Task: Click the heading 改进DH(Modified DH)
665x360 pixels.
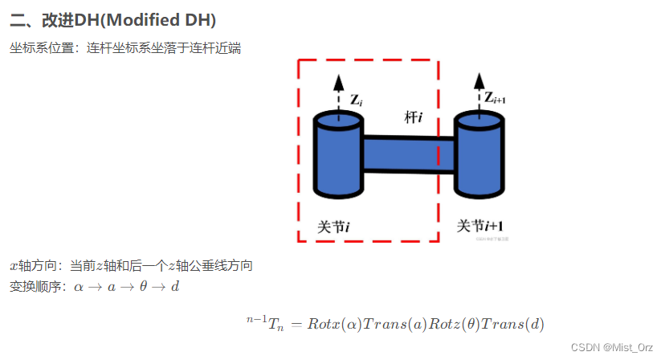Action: click(112, 19)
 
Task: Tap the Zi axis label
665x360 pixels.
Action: click(356, 100)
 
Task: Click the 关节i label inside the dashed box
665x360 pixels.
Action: click(333, 227)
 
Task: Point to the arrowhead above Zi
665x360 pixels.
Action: click(339, 80)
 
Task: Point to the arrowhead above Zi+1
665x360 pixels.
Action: click(479, 79)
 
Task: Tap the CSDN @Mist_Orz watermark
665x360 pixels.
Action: click(613, 347)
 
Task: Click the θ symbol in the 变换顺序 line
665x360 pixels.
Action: click(143, 287)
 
